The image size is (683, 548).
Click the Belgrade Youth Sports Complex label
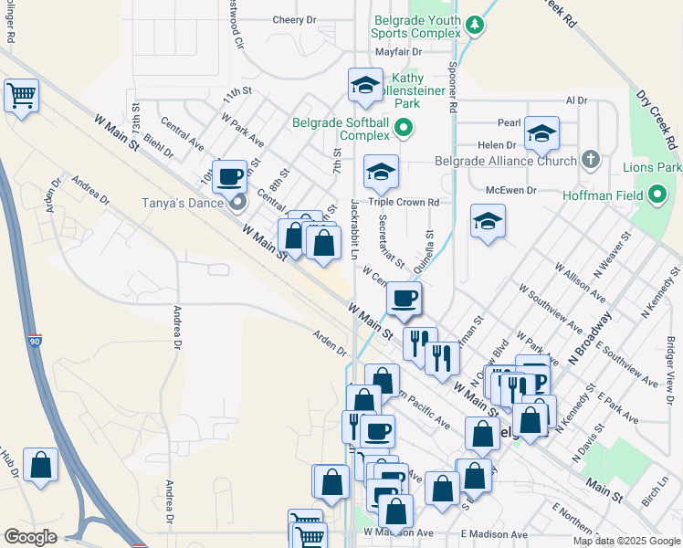pyautogui.click(x=417, y=26)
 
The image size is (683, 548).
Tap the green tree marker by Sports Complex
pyautogui.click(x=474, y=26)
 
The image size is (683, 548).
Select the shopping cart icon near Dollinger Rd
pyautogui.click(x=21, y=94)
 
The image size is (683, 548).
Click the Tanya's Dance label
pyautogui.click(x=182, y=203)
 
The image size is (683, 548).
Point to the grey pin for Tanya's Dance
pyautogui.click(x=238, y=203)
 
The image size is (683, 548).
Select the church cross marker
pyautogui.click(x=590, y=161)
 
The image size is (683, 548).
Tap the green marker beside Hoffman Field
pyautogui.click(x=657, y=194)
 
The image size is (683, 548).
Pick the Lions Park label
pyautogui.click(x=652, y=168)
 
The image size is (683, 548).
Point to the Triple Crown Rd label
pyautogui.click(x=404, y=202)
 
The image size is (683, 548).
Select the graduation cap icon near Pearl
pyautogui.click(x=541, y=133)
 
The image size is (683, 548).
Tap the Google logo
pyautogui.click(x=30, y=537)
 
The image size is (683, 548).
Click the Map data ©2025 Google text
pyautogui.click(x=626, y=541)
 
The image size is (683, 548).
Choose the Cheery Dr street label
pyautogui.click(x=294, y=19)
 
